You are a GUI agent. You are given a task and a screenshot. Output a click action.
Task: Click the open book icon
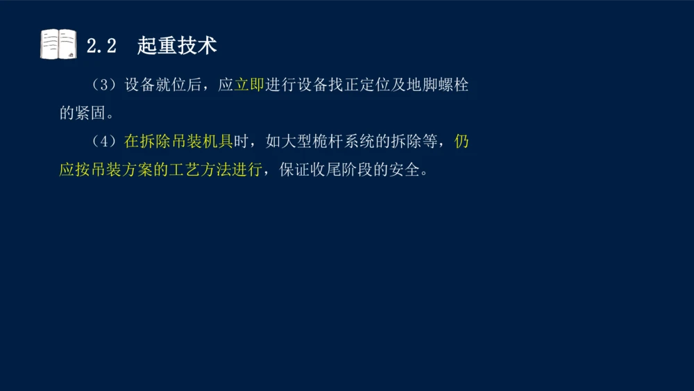[58, 44]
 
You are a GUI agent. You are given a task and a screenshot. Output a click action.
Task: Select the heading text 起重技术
[177, 46]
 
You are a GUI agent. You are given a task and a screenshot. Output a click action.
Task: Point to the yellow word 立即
[249, 85]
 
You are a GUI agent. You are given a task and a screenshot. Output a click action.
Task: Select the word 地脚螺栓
[438, 85]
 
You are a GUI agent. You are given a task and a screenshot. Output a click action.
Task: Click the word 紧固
[91, 113]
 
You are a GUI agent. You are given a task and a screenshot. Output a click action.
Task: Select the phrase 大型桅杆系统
[327, 142]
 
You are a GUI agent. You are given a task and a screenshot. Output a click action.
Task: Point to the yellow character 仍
[462, 142]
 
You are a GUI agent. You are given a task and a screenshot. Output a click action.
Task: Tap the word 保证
[295, 169]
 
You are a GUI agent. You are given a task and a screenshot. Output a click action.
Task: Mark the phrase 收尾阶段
[342, 169]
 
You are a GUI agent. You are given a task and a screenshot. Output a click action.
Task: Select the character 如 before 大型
[272, 142]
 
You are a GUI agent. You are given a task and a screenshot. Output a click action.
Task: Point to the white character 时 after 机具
[241, 142]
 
